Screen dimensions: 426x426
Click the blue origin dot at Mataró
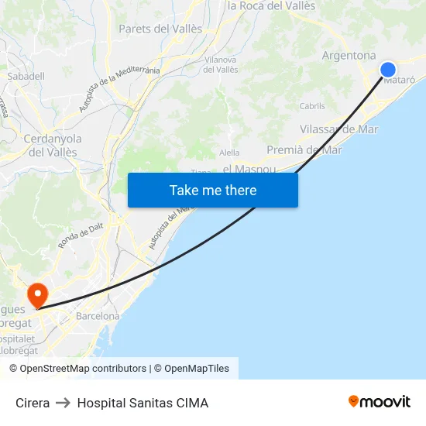[x=388, y=70]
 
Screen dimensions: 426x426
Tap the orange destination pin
[x=36, y=294]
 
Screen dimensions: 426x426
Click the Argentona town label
[x=349, y=56]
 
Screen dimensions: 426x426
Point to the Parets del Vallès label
[x=160, y=29]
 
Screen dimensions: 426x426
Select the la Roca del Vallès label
[x=271, y=5]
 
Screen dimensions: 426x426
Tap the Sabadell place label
[x=26, y=77]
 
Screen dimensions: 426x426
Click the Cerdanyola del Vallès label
[x=53, y=146]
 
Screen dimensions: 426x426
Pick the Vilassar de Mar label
[x=338, y=129]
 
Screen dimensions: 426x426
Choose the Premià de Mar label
[x=304, y=149]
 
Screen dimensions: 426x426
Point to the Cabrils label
[x=312, y=106]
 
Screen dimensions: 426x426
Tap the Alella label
[x=229, y=153]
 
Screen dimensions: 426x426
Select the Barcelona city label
[x=98, y=316]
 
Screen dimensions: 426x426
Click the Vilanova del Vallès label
[x=221, y=64]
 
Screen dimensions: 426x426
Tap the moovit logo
[x=380, y=402]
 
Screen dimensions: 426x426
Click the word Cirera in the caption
[x=33, y=403]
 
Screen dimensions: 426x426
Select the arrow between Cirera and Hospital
[x=64, y=403]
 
